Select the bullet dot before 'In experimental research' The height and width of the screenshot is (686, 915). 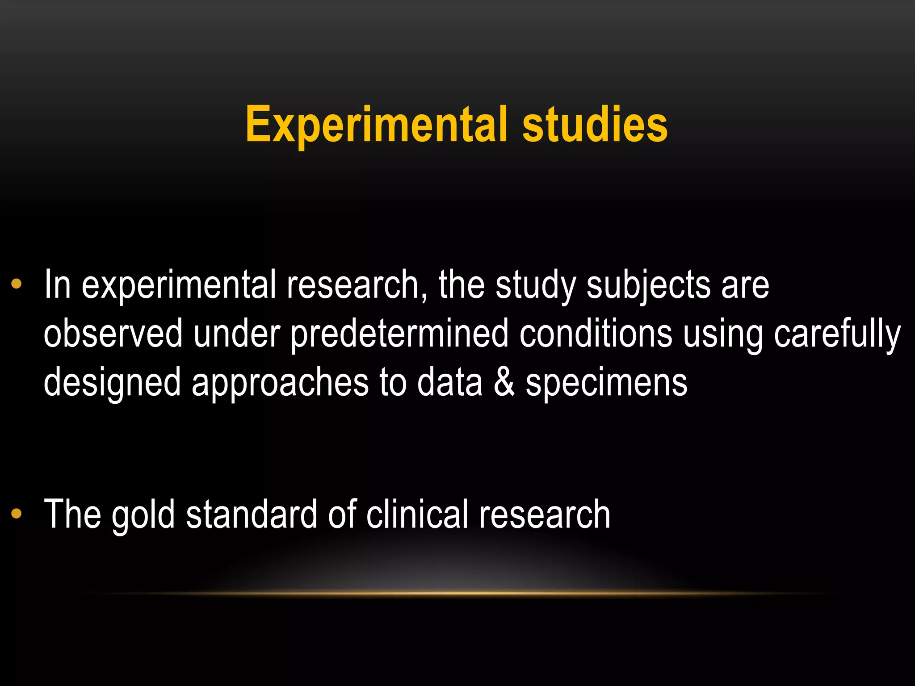click(x=17, y=284)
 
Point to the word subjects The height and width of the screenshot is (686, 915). click(x=648, y=286)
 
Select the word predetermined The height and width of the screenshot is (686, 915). click(x=399, y=334)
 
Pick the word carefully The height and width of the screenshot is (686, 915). click(x=837, y=334)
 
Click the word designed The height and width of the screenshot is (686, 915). click(x=112, y=383)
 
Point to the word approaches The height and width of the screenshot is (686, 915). click(x=280, y=383)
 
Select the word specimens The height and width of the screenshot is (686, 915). click(x=606, y=383)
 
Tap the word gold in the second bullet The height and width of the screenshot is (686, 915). click(x=143, y=515)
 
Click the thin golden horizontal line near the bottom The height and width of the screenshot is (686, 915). click(x=457, y=594)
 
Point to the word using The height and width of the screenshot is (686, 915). click(x=723, y=334)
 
